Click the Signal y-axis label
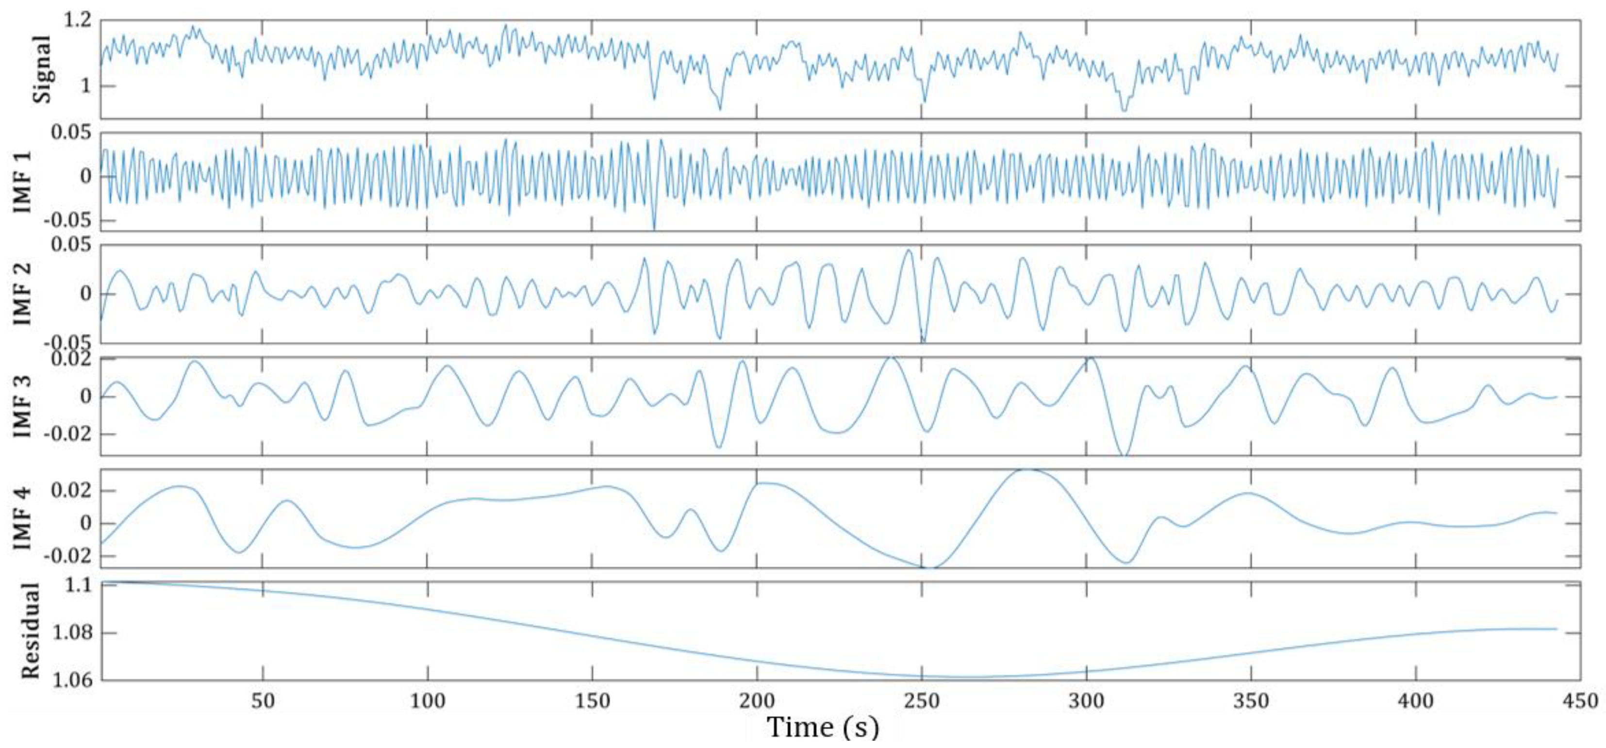coord(42,68)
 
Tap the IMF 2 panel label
coord(23,293)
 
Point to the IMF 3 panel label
coord(23,406)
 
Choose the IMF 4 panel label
coord(23,518)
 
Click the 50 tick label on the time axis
coord(263,701)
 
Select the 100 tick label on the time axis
coord(428,701)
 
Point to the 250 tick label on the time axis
coord(922,701)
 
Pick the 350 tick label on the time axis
coord(1251,701)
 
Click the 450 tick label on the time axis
coord(1580,701)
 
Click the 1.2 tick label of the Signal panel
coord(77,20)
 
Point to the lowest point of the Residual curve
coord(963,677)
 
